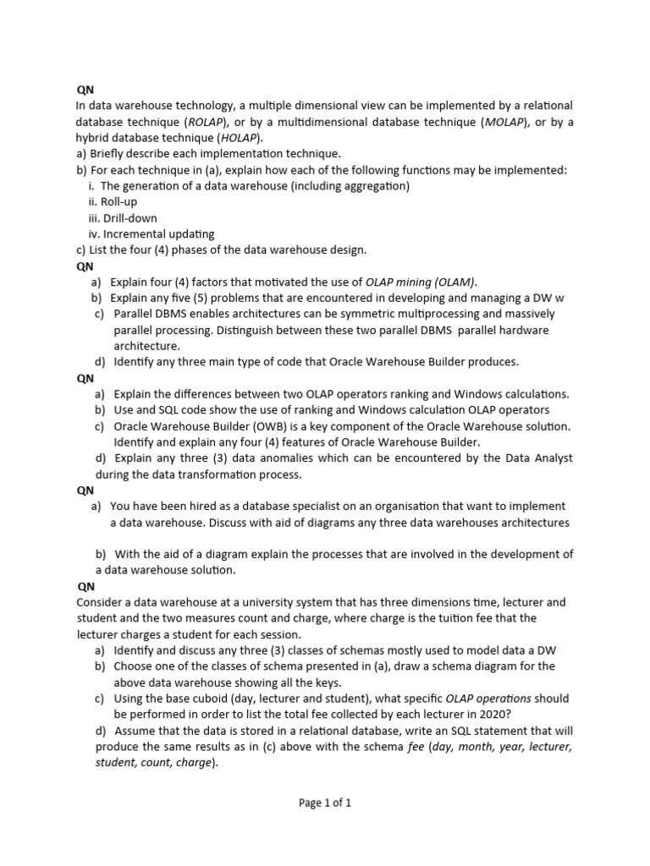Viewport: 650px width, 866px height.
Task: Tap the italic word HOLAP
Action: [x=240, y=138]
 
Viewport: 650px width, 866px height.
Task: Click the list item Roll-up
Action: [x=118, y=202]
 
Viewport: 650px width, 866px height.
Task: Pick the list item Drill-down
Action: [x=124, y=218]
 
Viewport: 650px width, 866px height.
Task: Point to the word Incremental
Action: [x=138, y=234]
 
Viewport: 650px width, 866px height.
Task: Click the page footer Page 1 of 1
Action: [x=325, y=803]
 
